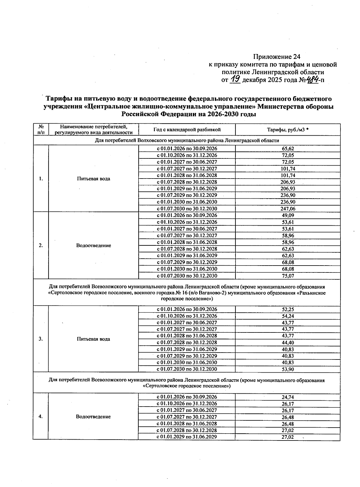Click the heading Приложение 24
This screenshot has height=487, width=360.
click(x=276, y=57)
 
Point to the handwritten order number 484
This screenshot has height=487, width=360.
click(x=312, y=80)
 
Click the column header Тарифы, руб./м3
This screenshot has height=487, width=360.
click(x=288, y=130)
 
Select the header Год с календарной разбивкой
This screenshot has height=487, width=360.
click(x=187, y=130)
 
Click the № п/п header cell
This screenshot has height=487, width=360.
click(x=41, y=130)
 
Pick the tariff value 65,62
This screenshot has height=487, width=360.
click(x=288, y=149)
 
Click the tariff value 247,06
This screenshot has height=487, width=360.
click(x=288, y=209)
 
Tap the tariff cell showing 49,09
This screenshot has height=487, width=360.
click(x=288, y=215)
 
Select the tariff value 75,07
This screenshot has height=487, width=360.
click(x=288, y=276)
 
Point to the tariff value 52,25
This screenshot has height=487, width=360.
click(x=288, y=309)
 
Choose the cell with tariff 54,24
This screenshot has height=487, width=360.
click(x=288, y=316)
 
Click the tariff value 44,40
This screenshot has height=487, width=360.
click(x=288, y=343)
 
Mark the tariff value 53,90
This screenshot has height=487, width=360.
click(x=288, y=369)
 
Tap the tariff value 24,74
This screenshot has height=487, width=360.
click(x=288, y=397)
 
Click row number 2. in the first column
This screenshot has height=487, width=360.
click(x=41, y=245)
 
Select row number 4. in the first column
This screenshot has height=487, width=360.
click(x=41, y=416)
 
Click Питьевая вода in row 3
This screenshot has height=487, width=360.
click(x=93, y=339)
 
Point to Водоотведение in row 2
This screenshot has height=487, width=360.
click(x=93, y=245)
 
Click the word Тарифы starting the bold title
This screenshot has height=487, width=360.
click(x=57, y=99)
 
